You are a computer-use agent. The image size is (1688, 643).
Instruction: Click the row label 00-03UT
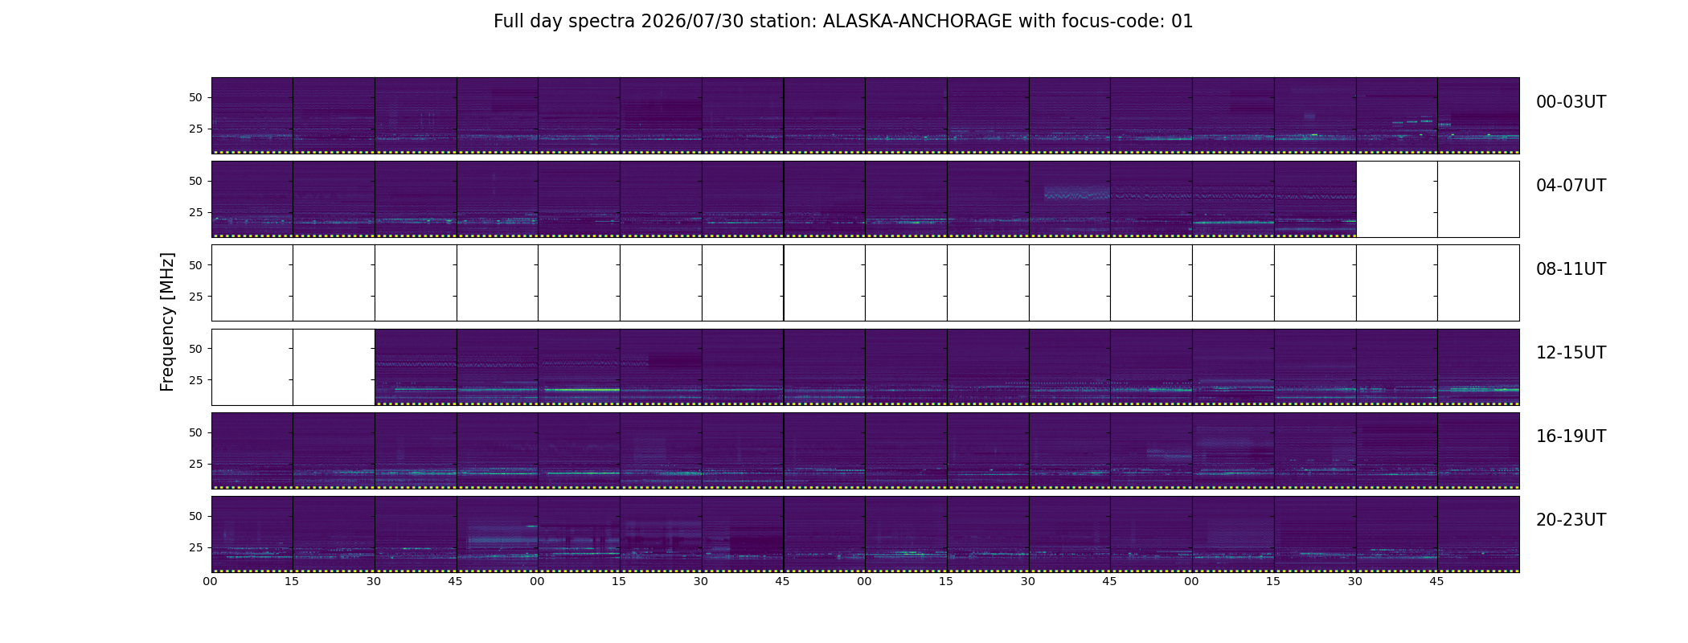(x=1571, y=102)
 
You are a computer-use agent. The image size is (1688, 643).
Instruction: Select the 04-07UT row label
(x=1571, y=186)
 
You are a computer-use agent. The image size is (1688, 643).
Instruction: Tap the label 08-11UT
(x=1571, y=269)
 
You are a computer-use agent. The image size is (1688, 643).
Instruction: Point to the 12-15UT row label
(x=1571, y=353)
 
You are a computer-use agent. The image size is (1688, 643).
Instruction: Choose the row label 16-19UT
(x=1571, y=436)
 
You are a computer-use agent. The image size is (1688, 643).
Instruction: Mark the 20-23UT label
(x=1571, y=520)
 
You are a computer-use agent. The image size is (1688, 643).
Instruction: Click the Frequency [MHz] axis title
(x=167, y=321)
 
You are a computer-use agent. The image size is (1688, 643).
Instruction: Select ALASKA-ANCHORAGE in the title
(x=917, y=22)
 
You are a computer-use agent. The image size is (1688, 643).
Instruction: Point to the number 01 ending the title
(x=1182, y=22)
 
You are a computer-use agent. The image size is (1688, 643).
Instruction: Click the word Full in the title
(x=508, y=22)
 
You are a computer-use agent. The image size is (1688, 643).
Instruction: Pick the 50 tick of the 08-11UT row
(x=196, y=265)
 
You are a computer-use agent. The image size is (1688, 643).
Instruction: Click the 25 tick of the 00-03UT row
(x=196, y=129)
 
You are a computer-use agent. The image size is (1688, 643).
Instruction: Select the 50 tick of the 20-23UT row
(x=196, y=516)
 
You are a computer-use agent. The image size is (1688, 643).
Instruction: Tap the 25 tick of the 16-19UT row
(x=196, y=464)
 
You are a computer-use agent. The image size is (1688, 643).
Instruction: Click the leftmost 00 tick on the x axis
(x=211, y=581)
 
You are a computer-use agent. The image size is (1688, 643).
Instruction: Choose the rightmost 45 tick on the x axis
(x=1436, y=581)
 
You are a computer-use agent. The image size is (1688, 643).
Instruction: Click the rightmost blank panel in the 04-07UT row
(x=1478, y=199)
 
